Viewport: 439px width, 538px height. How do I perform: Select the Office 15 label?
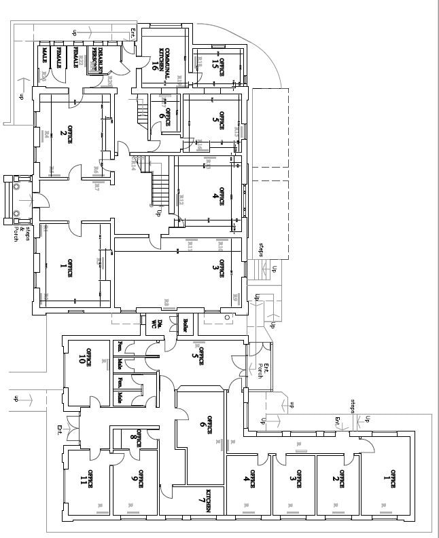(217, 65)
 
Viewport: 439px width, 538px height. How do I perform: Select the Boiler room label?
(183, 324)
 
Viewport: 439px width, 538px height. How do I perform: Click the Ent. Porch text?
(262, 370)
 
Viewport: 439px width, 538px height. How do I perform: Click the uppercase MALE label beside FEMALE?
(44, 56)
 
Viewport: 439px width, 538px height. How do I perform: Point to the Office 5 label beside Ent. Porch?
(198, 358)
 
